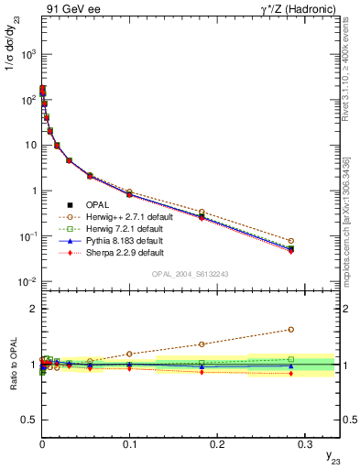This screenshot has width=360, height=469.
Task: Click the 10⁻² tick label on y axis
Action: (x=26, y=281)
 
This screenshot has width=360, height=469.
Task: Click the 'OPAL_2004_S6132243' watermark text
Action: (x=190, y=274)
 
